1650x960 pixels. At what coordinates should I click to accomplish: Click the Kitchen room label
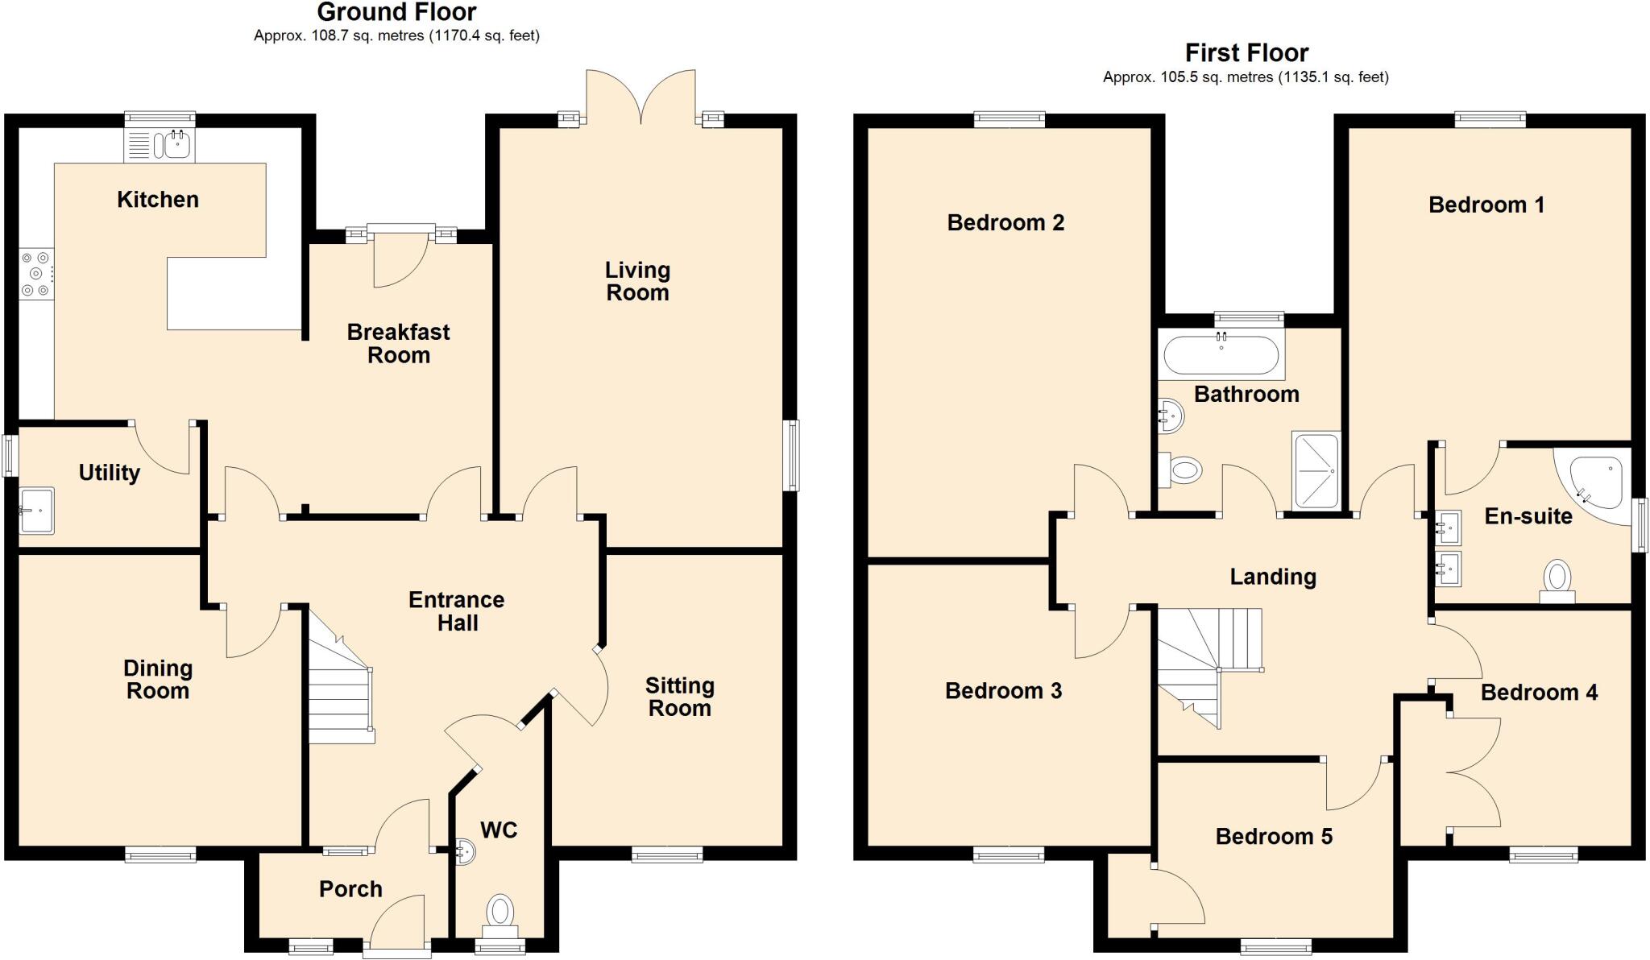point(158,200)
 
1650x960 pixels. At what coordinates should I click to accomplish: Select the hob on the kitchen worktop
point(36,274)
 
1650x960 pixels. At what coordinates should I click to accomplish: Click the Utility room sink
point(36,510)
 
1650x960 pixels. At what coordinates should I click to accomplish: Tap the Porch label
point(350,889)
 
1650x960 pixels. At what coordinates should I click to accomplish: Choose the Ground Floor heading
point(396,12)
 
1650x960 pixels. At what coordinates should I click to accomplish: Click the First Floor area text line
point(1246,77)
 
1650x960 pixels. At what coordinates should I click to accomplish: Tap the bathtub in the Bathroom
point(1221,355)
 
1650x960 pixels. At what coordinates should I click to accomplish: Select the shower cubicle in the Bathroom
point(1316,471)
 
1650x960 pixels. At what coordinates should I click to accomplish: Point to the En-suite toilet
point(1557,581)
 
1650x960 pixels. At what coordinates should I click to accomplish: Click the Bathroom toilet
point(1180,470)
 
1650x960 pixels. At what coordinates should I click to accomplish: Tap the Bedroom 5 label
point(1274,837)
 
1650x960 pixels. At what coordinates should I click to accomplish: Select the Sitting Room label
point(679,697)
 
